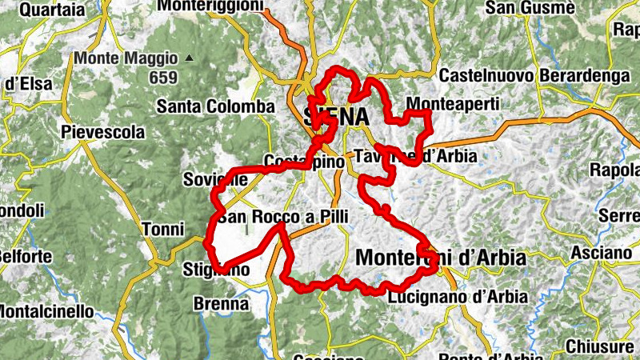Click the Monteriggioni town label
point(210,6)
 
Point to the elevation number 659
point(162,78)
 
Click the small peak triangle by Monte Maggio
point(189,58)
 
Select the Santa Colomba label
point(215,106)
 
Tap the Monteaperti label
point(453,104)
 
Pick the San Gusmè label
point(531,9)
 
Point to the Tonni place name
point(162,230)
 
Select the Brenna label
point(221,304)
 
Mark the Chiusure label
point(599,347)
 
